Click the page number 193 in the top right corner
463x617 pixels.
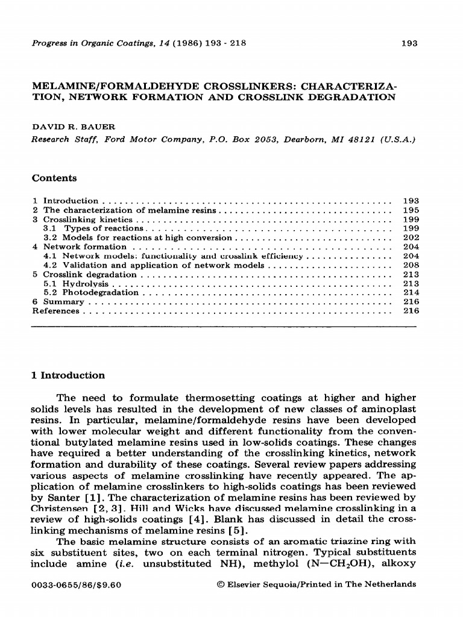pos(409,43)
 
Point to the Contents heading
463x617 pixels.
pos(54,178)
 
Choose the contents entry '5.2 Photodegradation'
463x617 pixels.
pos(91,292)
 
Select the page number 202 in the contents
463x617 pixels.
pos(410,237)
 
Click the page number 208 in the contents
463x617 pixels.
pos(410,265)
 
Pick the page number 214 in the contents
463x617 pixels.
pos(410,292)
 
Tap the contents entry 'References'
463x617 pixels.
pos(55,310)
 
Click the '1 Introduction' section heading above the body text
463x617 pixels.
pos(68,375)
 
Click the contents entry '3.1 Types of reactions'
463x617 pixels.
pos(93,228)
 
